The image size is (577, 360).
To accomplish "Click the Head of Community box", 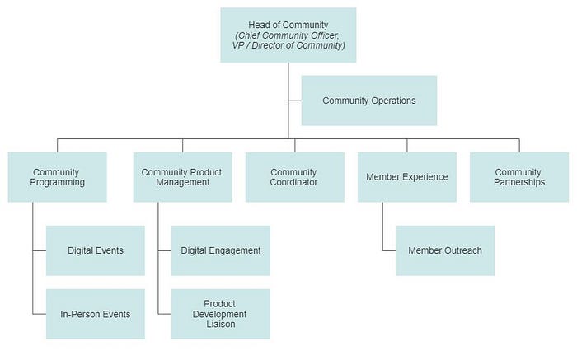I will coord(288,35).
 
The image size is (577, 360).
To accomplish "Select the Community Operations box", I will coord(368,101).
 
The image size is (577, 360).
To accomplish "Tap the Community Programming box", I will coord(58,177).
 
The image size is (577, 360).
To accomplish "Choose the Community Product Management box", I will coord(181,177).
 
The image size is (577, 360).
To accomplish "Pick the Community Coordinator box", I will coord(294,177).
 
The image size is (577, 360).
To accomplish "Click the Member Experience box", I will coord(406,177).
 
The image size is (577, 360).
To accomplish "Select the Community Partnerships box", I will coord(519,177).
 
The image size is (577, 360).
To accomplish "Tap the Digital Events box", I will coord(96,250).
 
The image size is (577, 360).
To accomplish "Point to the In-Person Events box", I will coord(96,314).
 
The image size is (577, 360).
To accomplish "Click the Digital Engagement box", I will coord(220,250).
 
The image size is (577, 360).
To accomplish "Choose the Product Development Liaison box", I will coord(220,314).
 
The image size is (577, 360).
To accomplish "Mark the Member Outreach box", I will coord(445,250).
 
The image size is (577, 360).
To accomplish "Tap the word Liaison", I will coord(220,325).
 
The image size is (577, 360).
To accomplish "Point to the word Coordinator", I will coord(294,182).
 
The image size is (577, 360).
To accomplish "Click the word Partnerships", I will coord(519,182).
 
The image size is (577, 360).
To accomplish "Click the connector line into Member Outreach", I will coord(389,250).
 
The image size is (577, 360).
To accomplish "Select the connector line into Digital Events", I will coord(39,250).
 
